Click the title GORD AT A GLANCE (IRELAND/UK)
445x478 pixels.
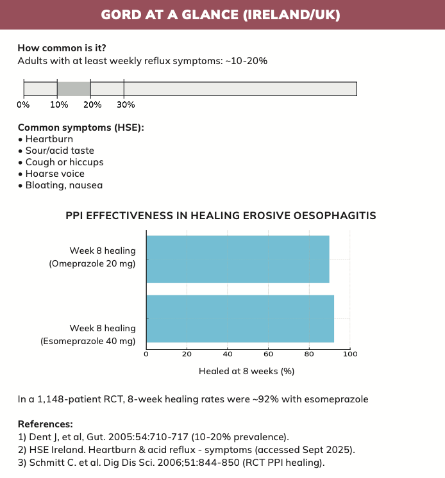click(x=222, y=15)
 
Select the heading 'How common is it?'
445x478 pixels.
click(x=62, y=48)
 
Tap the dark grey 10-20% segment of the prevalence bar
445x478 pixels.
click(x=74, y=88)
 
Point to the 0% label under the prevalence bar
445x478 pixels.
click(x=23, y=104)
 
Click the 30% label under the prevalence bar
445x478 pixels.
click(x=126, y=104)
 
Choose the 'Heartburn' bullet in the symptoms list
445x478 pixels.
click(x=49, y=139)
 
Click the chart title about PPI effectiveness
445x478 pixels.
click(x=221, y=216)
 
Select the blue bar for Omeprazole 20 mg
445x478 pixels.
click(x=237, y=259)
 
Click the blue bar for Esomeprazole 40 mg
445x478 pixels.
click(x=240, y=318)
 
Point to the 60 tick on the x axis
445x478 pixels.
click(x=269, y=354)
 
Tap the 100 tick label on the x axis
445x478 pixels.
click(x=350, y=354)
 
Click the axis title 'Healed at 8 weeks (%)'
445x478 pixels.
click(x=246, y=371)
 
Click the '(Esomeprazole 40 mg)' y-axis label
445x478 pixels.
click(x=88, y=341)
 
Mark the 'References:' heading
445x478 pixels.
click(x=46, y=424)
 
